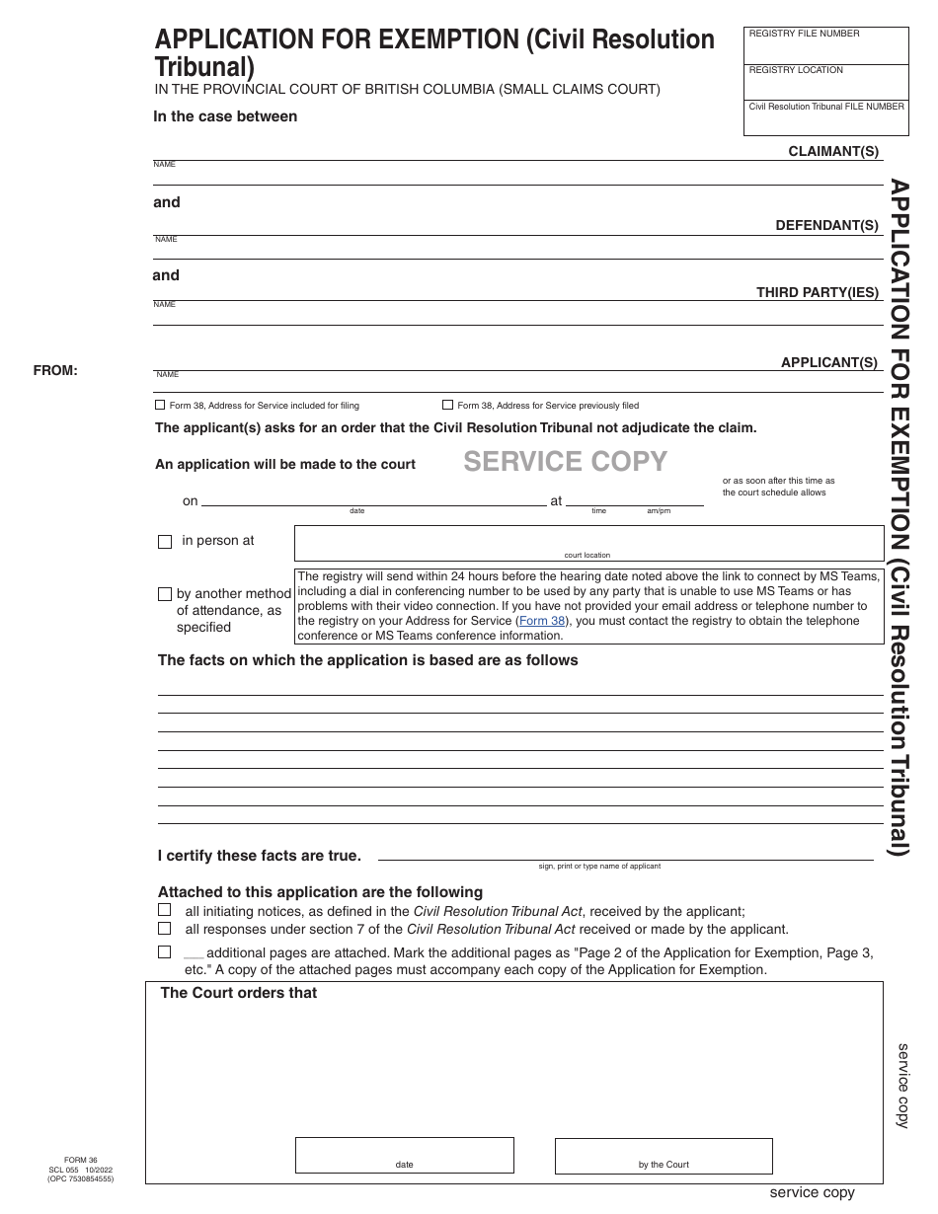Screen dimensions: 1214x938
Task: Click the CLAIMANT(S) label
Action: coord(832,151)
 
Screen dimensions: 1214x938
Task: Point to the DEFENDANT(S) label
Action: coord(826,225)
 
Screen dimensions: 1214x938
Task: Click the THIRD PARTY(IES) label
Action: coord(817,292)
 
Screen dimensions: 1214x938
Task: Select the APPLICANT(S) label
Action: coord(828,362)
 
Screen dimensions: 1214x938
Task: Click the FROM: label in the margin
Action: coord(55,371)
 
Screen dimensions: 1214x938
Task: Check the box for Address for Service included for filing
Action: coord(160,405)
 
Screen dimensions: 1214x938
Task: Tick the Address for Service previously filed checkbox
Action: coord(447,405)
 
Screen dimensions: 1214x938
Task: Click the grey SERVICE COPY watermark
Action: coord(565,461)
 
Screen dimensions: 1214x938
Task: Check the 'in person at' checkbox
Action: coord(165,542)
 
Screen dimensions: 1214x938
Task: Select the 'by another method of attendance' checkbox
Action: coord(165,594)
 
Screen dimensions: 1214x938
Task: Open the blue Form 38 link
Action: coord(543,621)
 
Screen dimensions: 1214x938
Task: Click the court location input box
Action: coord(588,541)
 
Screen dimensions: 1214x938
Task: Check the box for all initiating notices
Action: coord(165,910)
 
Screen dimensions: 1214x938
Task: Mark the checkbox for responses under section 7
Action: coord(165,929)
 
